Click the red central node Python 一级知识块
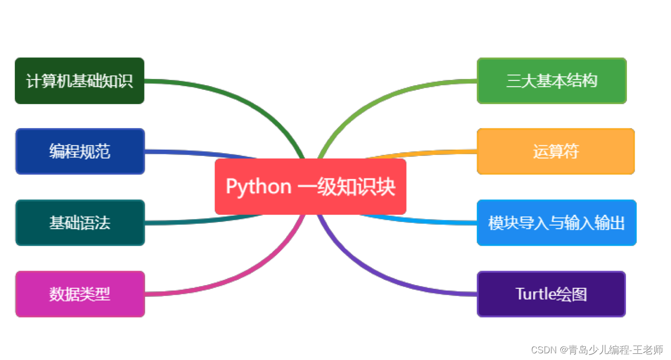pyautogui.click(x=310, y=186)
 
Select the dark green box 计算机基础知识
pyautogui.click(x=79, y=81)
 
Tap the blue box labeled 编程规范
pyautogui.click(x=80, y=151)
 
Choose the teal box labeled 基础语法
pyautogui.click(x=80, y=223)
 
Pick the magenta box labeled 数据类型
pyautogui.click(x=80, y=294)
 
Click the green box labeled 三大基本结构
pyautogui.click(x=552, y=81)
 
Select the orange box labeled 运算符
pyautogui.click(x=556, y=151)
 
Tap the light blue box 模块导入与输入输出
pyautogui.click(x=556, y=223)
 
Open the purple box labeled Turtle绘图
pyautogui.click(x=551, y=294)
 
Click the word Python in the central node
pyautogui.click(x=258, y=186)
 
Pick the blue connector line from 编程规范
pyautogui.click(x=205, y=153)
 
